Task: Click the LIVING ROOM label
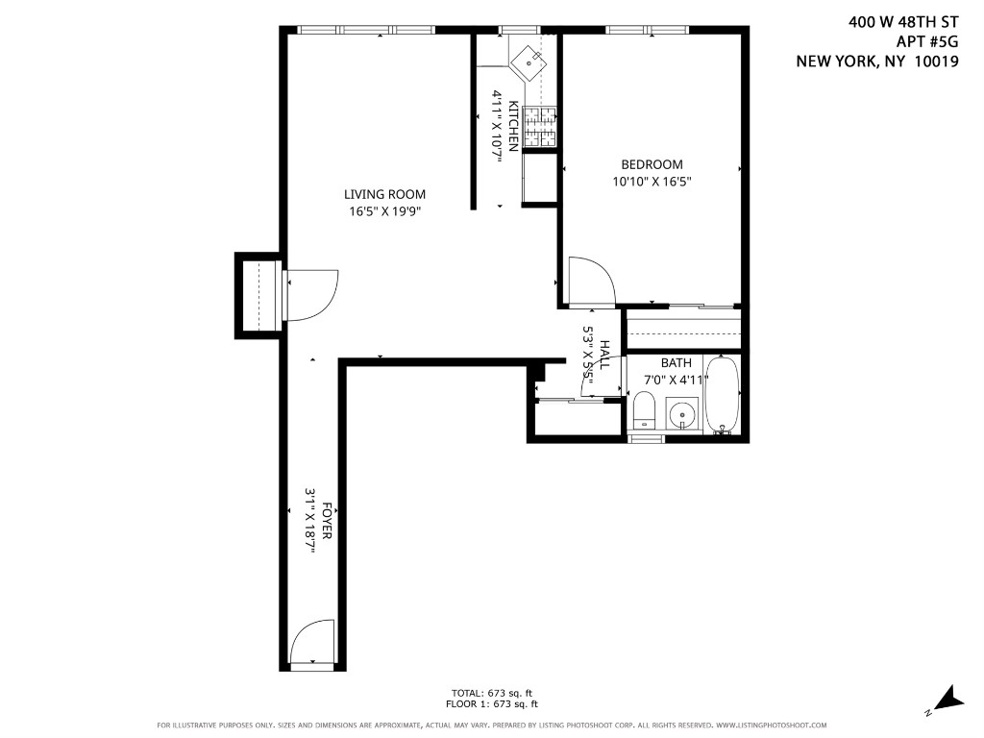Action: coord(384,194)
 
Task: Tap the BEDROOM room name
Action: coord(652,164)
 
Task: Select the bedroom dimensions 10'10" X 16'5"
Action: coord(652,182)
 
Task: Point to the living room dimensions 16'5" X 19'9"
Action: coord(384,211)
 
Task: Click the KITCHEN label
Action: coord(513,126)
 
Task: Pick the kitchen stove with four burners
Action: coord(540,127)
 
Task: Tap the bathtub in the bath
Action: coord(723,395)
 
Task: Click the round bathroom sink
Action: coord(682,415)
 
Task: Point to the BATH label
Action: coord(676,362)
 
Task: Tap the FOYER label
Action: coord(326,520)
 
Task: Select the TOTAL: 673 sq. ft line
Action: coord(492,694)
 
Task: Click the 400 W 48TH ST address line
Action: coord(903,22)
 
